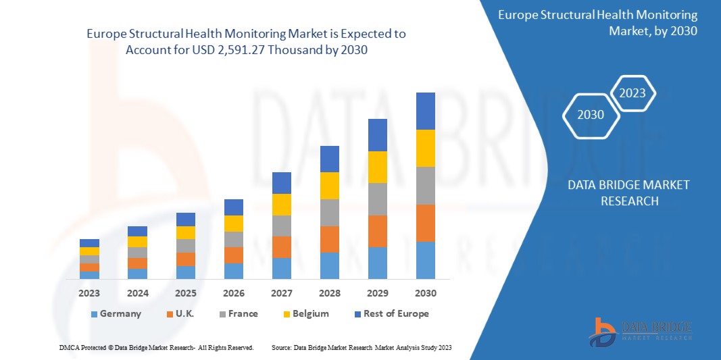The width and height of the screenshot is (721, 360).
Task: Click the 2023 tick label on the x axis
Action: [89, 293]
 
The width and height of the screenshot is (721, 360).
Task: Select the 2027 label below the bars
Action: [282, 293]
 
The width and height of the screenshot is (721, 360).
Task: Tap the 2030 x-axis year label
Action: [426, 293]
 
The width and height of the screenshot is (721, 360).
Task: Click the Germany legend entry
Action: [116, 313]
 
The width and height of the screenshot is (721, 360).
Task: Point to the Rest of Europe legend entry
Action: [391, 313]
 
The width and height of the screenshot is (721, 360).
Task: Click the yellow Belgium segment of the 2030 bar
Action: [426, 148]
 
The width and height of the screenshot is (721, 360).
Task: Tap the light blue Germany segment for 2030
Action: [426, 260]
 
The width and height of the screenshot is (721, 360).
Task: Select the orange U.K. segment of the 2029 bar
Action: [378, 231]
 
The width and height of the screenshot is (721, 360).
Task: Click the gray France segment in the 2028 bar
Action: [330, 212]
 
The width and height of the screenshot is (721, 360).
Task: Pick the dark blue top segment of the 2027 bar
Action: [282, 183]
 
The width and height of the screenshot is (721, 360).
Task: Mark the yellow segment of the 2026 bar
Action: [234, 224]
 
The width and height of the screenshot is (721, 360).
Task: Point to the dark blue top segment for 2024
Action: [137, 231]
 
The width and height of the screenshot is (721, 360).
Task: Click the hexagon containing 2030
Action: [591, 115]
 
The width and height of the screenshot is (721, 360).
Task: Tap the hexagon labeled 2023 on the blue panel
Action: [633, 93]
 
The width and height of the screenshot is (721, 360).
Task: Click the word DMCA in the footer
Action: [69, 347]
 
